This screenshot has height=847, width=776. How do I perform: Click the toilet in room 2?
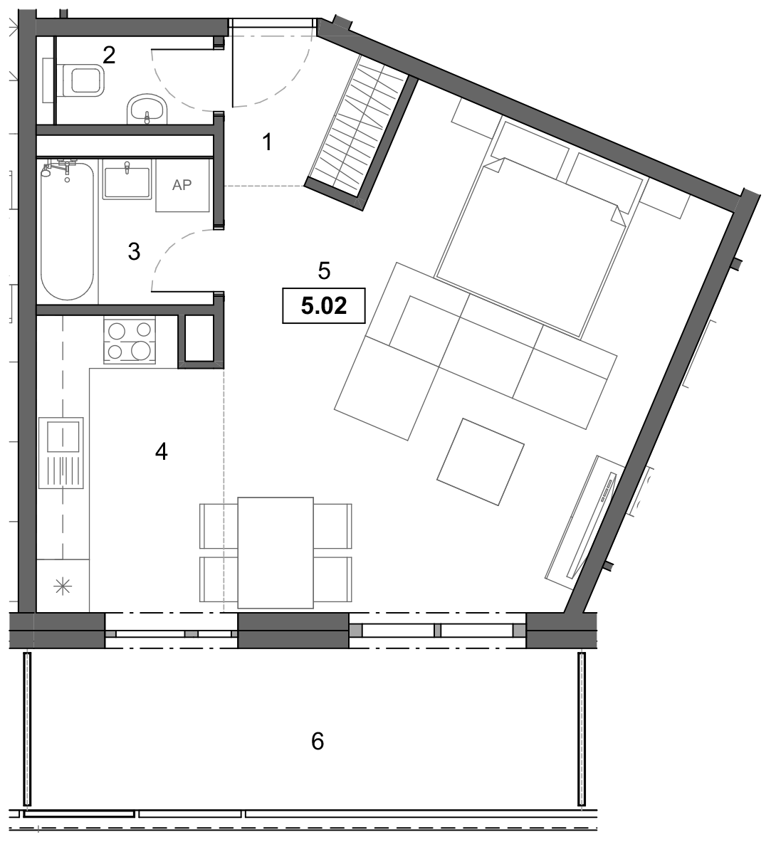pyautogui.click(x=81, y=80)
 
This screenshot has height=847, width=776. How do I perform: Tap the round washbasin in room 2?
pyautogui.click(x=147, y=109)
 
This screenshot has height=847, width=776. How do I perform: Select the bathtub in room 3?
pyautogui.click(x=67, y=231)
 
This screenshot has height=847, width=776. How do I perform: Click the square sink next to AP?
pyautogui.click(x=127, y=182)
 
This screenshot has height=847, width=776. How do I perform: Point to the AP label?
pyautogui.click(x=182, y=185)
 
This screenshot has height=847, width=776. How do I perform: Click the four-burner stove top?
pyautogui.click(x=130, y=342)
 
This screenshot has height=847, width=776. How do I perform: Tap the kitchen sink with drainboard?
pyautogui.click(x=61, y=453)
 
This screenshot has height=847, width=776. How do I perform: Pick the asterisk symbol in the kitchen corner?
pyautogui.click(x=63, y=586)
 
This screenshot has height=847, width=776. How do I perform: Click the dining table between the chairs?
pyautogui.click(x=276, y=552)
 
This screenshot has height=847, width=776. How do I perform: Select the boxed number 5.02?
pyautogui.click(x=324, y=306)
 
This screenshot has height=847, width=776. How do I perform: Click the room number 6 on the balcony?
pyautogui.click(x=318, y=741)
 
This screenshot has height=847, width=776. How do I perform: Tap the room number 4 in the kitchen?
pyautogui.click(x=161, y=451)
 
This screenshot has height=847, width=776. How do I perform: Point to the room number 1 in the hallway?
pyautogui.click(x=267, y=142)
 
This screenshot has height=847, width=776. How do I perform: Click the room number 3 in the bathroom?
pyautogui.click(x=134, y=252)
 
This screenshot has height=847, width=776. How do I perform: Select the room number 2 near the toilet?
pyautogui.click(x=109, y=55)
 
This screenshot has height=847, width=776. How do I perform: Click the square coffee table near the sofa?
pyautogui.click(x=481, y=462)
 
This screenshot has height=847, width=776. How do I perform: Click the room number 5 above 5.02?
pyautogui.click(x=324, y=270)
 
